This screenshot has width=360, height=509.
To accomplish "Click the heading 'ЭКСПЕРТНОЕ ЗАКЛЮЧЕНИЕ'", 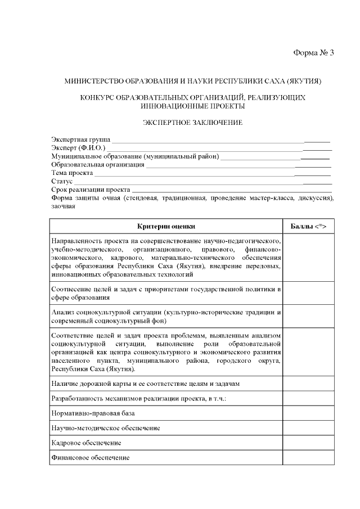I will (192, 122).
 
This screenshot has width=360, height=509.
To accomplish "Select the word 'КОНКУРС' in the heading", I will (99, 97).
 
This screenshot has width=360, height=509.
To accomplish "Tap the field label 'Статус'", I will (62, 182).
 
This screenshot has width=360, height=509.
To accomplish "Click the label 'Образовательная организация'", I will (98, 165).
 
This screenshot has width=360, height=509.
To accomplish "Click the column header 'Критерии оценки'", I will (166, 226).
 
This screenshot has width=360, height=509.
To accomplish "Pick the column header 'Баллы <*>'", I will (308, 226).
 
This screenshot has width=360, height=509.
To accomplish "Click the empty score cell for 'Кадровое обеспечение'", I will (308, 443).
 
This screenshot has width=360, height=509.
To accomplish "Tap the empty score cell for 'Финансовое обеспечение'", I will (308, 458).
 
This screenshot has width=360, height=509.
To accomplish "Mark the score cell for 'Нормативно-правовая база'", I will (308, 413).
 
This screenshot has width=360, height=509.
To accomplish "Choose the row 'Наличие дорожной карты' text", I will (146, 384).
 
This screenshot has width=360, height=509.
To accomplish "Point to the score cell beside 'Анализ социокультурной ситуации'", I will (308, 317).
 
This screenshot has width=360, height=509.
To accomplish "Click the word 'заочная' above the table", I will (63, 206).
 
